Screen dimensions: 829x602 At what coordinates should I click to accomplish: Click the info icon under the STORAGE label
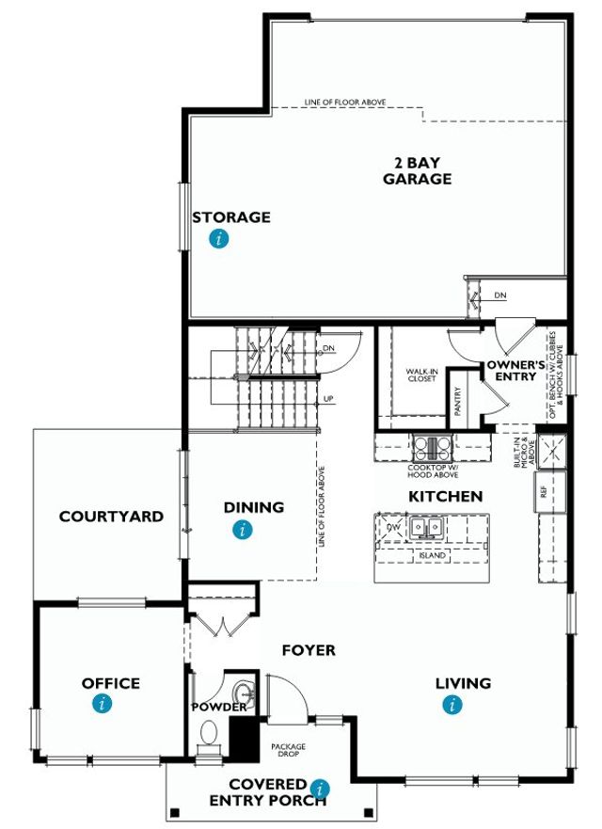(x=219, y=239)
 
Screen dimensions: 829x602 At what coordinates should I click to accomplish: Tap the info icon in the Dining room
(x=244, y=530)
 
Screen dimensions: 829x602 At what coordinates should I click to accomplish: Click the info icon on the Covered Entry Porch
(x=322, y=788)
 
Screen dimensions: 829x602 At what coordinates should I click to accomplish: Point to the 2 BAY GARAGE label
(x=417, y=171)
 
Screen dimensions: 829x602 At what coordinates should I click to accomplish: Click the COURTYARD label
(x=111, y=517)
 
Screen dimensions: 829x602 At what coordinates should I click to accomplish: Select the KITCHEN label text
(x=445, y=496)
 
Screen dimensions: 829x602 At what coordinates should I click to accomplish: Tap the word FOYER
(x=309, y=650)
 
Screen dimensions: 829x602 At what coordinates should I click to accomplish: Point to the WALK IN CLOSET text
(x=422, y=375)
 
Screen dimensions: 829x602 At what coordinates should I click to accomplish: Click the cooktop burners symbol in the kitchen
(x=431, y=446)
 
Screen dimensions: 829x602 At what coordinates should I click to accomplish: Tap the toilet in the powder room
(x=208, y=732)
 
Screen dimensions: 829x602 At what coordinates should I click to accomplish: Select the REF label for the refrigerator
(x=543, y=491)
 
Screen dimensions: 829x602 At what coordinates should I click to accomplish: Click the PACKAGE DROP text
(x=289, y=751)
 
